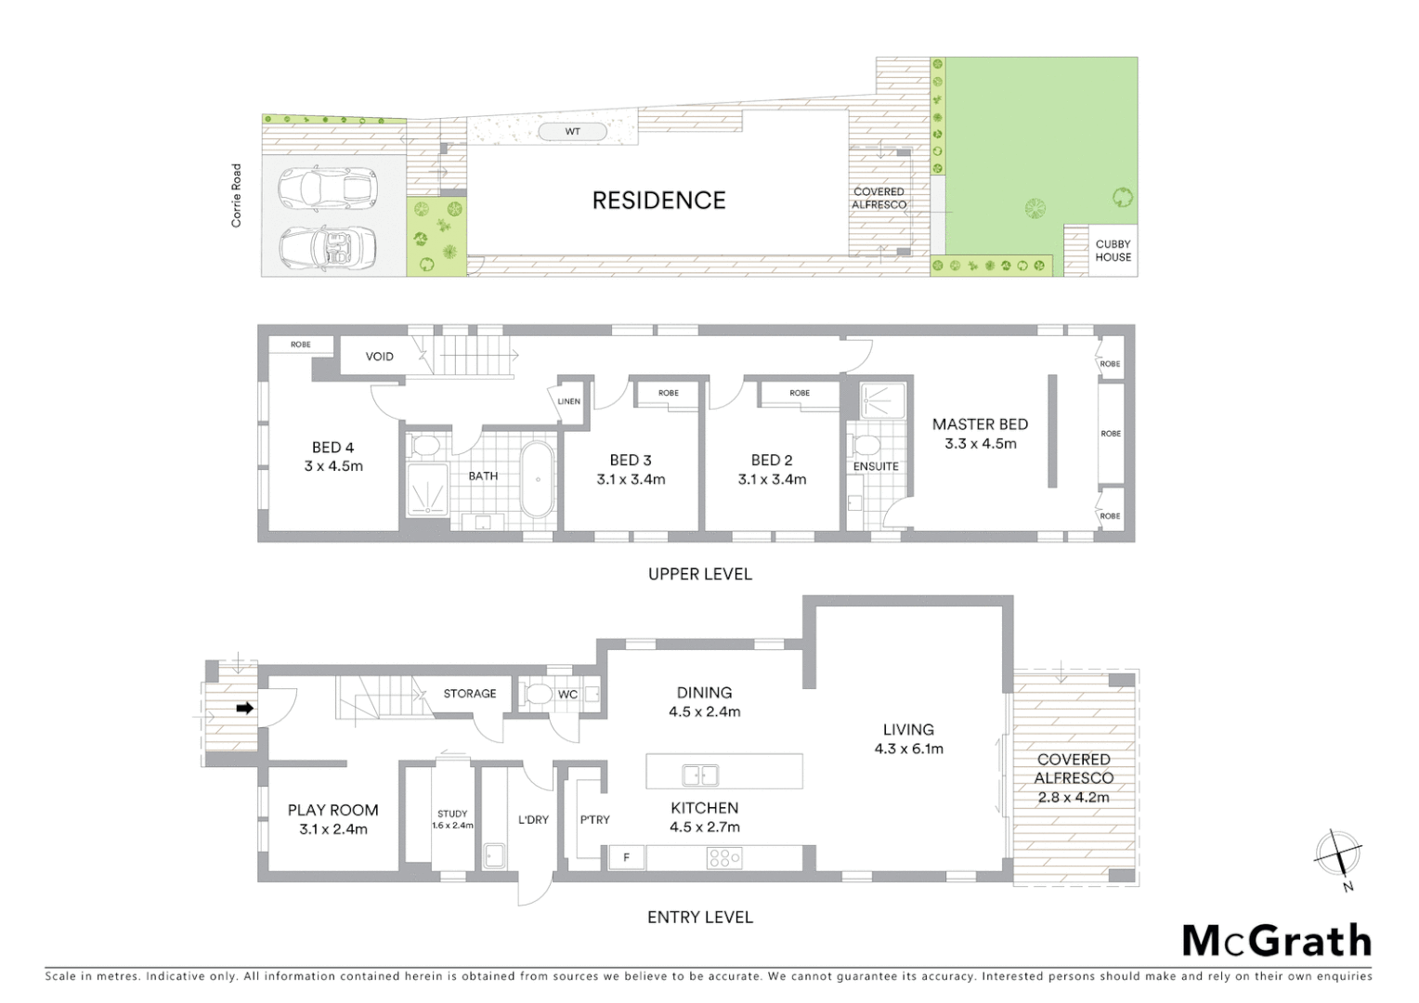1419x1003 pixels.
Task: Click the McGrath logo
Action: coord(1276,941)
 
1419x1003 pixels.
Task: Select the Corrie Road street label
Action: coord(237,196)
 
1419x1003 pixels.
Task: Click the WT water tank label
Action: coord(573,132)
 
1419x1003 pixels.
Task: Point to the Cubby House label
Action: coord(1113,251)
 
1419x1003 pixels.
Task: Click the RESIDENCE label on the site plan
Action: coord(658,201)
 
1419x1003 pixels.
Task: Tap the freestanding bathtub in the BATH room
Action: coord(537,479)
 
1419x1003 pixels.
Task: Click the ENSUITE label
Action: coord(876,466)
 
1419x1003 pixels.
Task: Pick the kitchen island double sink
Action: coord(699,774)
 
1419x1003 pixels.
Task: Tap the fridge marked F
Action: coord(627,857)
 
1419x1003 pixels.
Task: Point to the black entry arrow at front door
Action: coord(245,708)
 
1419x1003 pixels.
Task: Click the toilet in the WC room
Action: coord(537,695)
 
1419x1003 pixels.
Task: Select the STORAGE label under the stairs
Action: coord(469,694)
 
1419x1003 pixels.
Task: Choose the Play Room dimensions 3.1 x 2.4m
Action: coord(333,829)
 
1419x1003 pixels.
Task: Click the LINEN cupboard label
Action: coord(569,402)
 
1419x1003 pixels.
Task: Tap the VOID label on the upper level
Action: coord(379,357)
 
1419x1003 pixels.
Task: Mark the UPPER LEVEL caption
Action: coord(699,574)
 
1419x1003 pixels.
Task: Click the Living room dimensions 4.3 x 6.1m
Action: coord(908,749)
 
